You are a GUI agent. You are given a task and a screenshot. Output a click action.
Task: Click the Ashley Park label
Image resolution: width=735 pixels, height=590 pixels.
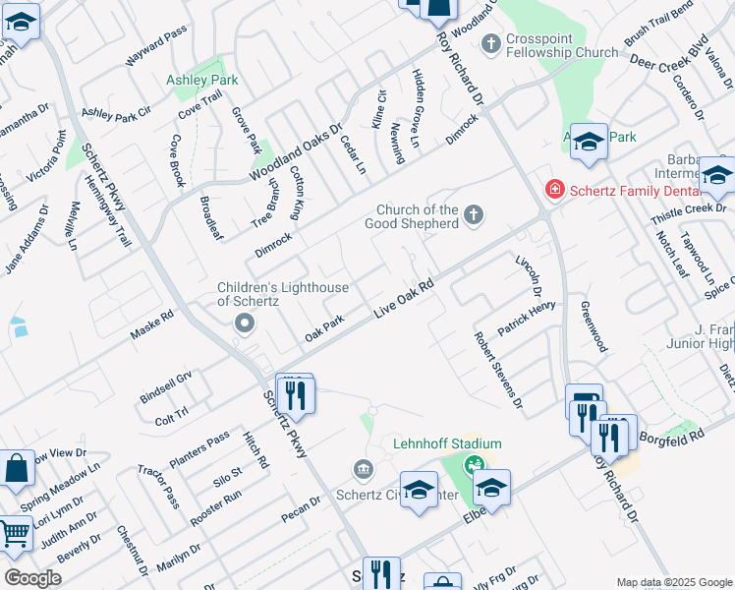click(x=202, y=79)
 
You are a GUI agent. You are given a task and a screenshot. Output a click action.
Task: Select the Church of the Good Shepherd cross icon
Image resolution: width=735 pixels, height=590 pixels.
click(x=474, y=215)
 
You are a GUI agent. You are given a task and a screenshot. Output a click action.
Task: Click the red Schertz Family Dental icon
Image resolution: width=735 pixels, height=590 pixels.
click(x=554, y=188)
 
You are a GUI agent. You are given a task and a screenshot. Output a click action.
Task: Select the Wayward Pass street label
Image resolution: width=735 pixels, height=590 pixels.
click(x=156, y=47)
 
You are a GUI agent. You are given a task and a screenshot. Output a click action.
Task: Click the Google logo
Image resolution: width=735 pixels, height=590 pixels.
click(x=31, y=578)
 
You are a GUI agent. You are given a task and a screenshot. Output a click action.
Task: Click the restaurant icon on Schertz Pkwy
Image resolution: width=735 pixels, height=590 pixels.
click(x=295, y=395)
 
